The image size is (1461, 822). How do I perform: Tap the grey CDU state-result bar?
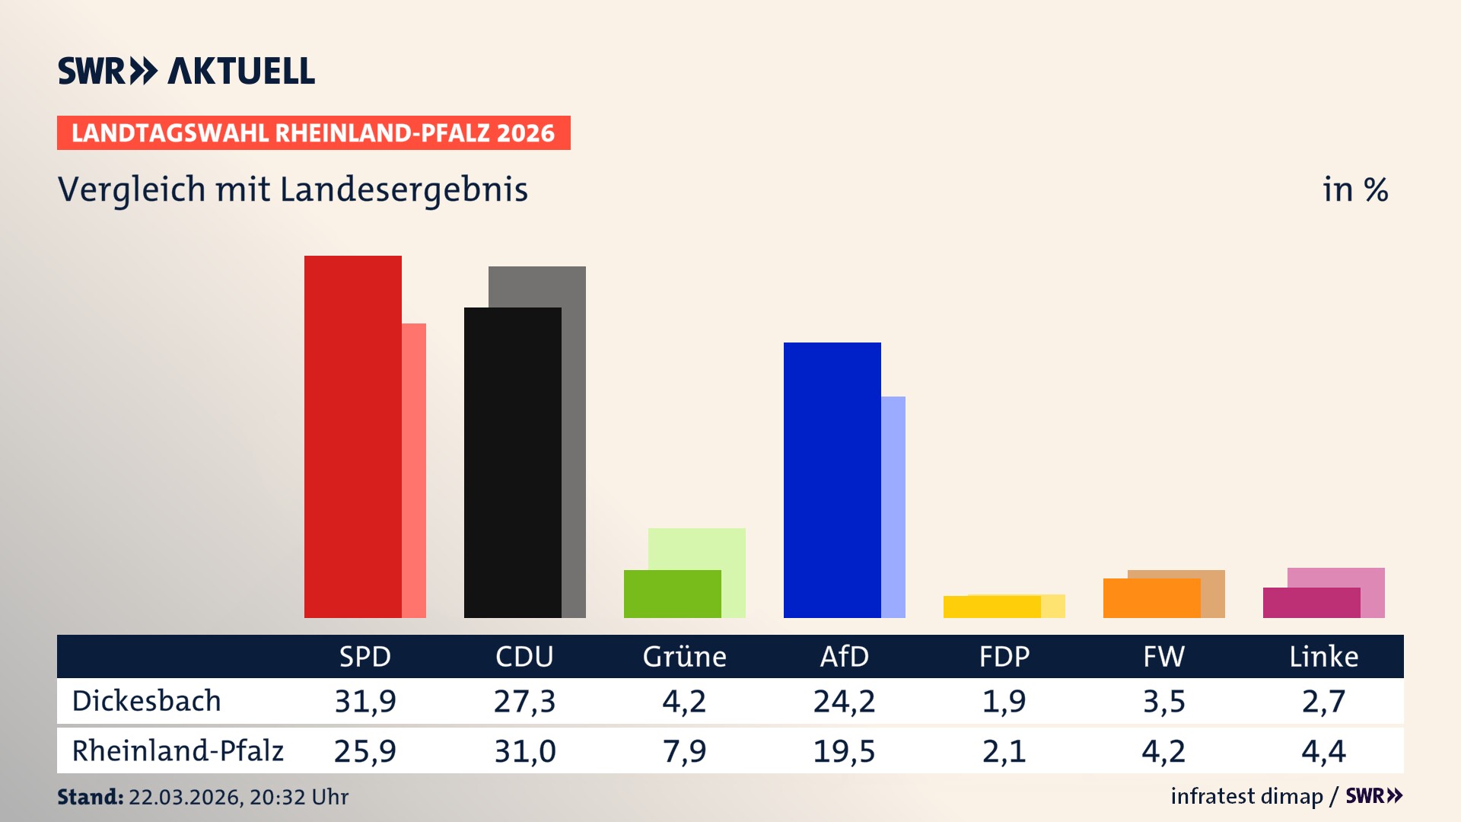574,441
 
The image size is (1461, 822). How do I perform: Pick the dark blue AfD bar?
832,479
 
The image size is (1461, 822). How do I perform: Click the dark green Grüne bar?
672,594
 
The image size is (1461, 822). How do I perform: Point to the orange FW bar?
1151,598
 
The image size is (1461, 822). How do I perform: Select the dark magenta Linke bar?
1311,603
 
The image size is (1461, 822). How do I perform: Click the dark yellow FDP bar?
992,607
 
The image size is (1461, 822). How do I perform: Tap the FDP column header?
1004,656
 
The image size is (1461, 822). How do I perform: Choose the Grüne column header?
684,656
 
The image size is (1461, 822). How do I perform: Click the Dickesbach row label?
146,701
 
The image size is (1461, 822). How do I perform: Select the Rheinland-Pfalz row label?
177,750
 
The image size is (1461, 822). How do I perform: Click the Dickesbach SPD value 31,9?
365,701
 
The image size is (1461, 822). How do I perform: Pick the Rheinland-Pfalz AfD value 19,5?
844,751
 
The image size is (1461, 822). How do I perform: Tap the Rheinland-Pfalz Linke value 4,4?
1323,751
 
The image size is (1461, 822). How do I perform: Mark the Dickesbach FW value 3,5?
1163,701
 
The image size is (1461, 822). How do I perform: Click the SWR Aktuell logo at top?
186,71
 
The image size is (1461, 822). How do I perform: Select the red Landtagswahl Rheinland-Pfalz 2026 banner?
313,132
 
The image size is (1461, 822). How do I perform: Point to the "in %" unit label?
1354,190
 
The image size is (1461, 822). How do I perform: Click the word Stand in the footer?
90,797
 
